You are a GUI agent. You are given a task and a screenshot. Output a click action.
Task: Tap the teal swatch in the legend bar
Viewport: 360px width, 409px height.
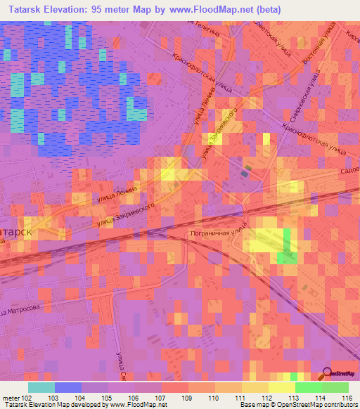41,387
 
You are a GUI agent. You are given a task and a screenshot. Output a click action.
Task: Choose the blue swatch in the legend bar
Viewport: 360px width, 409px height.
68,387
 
